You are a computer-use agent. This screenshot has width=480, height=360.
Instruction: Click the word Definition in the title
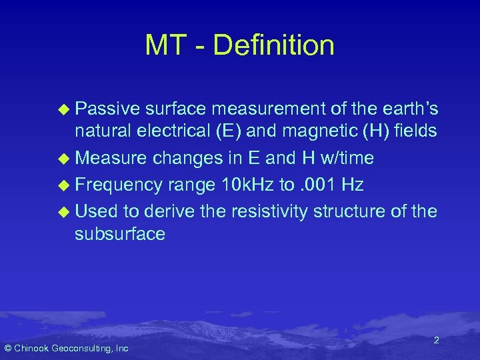click(275, 46)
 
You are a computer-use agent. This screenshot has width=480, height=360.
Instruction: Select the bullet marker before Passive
click(63, 109)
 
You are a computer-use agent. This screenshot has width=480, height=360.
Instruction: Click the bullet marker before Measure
click(63, 159)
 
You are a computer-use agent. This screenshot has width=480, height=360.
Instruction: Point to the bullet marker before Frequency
click(63, 184)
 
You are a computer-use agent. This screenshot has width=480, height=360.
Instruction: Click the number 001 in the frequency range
click(317, 184)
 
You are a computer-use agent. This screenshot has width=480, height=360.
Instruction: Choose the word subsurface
click(120, 234)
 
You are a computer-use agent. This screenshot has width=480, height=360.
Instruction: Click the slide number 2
click(436, 341)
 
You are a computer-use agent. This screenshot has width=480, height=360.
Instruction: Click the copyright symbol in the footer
click(8, 348)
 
